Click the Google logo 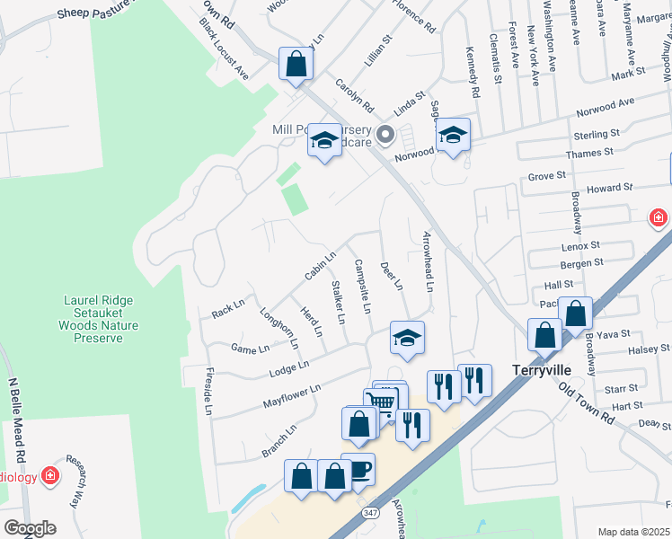pos(30,528)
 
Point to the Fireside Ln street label pos(208,392)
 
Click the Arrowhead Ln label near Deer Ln pos(429,261)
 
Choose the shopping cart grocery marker pos(382,402)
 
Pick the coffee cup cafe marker pos(358,470)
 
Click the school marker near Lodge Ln pos(407,338)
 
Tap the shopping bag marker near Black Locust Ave pos(296,64)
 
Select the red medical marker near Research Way pos(50,475)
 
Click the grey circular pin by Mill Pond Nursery pos(386,137)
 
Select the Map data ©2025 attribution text pos(633,532)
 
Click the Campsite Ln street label pos(362,287)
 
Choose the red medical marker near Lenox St pos(659,217)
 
